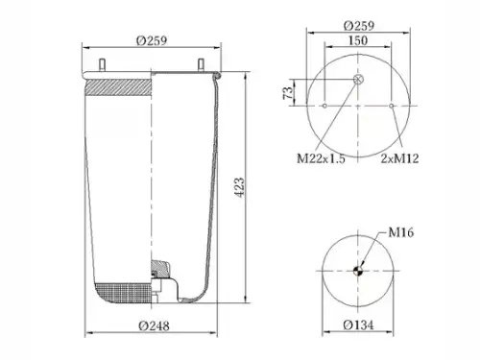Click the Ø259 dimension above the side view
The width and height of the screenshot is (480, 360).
pos(152,40)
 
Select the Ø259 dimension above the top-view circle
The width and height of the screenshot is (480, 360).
pos(359,26)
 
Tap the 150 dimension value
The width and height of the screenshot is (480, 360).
pos(358,40)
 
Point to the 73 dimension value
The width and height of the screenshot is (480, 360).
pos(288,92)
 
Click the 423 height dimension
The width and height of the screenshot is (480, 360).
pos(239,187)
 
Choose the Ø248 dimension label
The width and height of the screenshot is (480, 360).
pos(154,325)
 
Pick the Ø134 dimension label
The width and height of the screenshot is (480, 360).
pos(358,325)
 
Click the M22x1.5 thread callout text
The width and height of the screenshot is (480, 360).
pos(321,158)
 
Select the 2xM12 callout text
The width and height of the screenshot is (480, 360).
pos(399,158)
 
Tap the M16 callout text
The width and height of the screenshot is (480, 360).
pos(401,232)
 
